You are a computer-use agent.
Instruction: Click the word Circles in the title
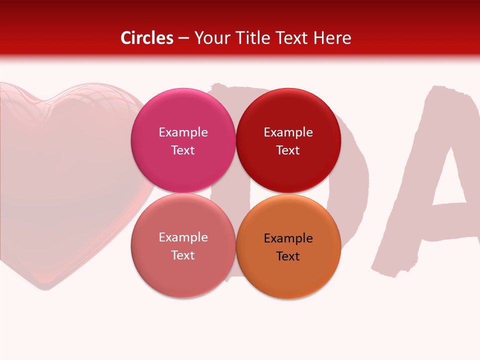click(x=147, y=38)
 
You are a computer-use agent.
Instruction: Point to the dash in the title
click(x=183, y=38)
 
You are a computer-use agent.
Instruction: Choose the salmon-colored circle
click(x=183, y=270)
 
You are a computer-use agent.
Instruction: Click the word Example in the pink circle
click(x=183, y=132)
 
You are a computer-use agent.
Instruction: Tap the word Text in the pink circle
click(x=183, y=150)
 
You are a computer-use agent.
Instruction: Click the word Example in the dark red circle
click(x=288, y=132)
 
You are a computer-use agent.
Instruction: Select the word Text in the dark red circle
click(x=288, y=150)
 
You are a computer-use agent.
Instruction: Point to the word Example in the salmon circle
click(x=183, y=237)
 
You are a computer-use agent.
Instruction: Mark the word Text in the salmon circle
click(x=183, y=255)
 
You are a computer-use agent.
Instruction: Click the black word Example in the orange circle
click(x=288, y=238)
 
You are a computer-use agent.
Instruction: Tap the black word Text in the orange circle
click(x=288, y=256)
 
